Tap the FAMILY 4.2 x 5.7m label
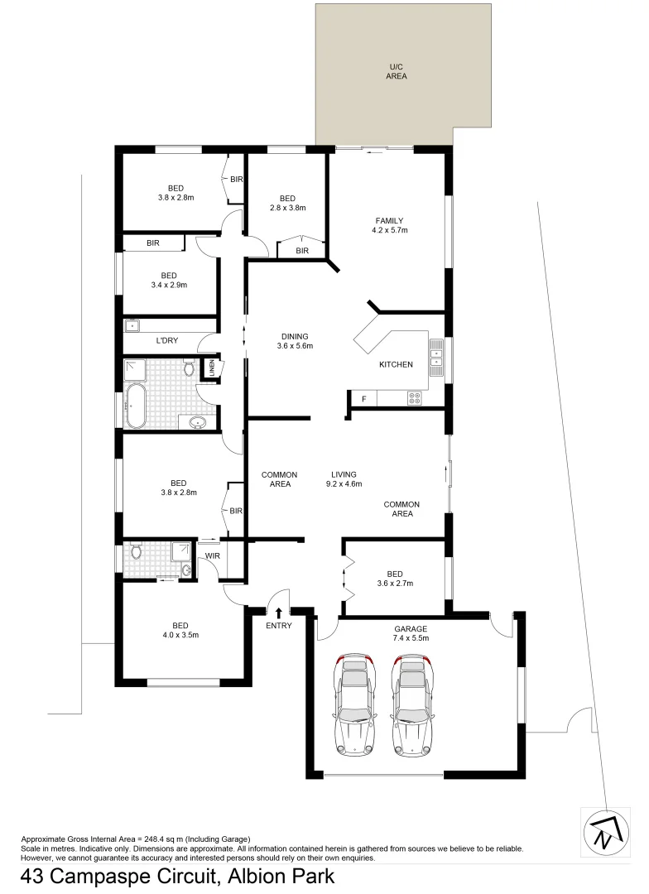pyautogui.click(x=389, y=225)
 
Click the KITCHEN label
pyautogui.click(x=396, y=365)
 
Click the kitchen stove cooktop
pyautogui.click(x=416, y=399)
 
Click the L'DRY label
pyautogui.click(x=168, y=341)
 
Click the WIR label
pyautogui.click(x=211, y=555)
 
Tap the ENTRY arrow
pyautogui.click(x=278, y=613)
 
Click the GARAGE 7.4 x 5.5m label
pyautogui.click(x=411, y=633)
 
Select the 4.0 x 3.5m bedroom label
pyautogui.click(x=180, y=630)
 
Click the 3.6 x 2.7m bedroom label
pyautogui.click(x=395, y=578)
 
